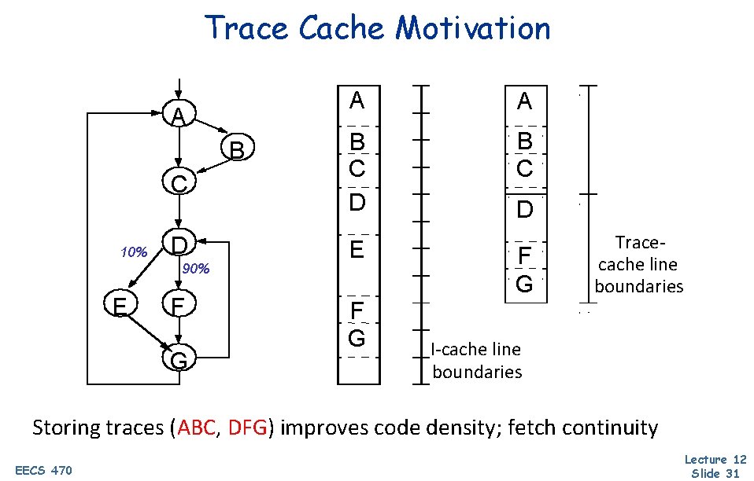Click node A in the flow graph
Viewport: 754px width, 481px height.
tap(180, 116)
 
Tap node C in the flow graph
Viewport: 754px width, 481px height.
tap(179, 184)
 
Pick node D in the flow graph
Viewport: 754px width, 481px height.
tap(179, 244)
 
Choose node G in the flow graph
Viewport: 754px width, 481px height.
tap(179, 360)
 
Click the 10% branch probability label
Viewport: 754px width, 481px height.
tap(134, 253)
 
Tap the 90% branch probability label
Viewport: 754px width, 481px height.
tap(196, 270)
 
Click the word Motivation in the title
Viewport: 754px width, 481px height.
tap(473, 28)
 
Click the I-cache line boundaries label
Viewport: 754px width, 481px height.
tap(477, 360)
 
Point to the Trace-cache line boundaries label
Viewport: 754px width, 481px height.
tap(638, 264)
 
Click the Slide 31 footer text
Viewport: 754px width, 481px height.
tap(715, 473)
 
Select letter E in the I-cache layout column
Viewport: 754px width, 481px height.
tap(357, 251)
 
